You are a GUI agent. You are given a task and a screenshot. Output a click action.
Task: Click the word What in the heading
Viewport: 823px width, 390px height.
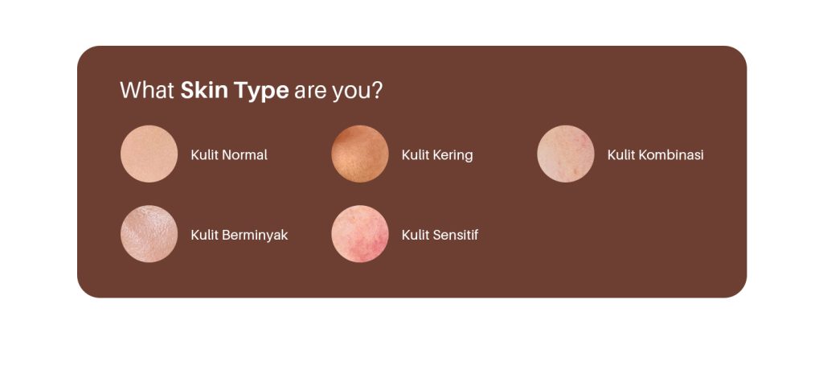(147, 90)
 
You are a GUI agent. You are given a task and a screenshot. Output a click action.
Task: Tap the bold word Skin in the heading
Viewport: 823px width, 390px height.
(204, 90)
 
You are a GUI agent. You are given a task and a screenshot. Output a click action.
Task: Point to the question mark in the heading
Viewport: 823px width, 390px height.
(377, 90)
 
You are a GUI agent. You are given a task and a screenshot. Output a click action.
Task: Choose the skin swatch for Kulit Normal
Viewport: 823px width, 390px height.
(149, 154)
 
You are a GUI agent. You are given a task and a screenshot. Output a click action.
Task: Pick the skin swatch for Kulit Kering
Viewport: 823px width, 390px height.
(360, 154)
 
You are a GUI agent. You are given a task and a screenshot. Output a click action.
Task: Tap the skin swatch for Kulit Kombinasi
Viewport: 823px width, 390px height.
(566, 154)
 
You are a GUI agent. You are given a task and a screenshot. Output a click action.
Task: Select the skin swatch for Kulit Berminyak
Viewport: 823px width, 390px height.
(149, 233)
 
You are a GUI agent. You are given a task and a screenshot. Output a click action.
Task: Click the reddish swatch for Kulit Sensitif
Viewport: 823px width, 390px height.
(360, 233)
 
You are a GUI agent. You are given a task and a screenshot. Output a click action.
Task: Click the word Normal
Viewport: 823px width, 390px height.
(244, 155)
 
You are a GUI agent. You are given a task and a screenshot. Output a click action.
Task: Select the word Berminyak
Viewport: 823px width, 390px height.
(255, 236)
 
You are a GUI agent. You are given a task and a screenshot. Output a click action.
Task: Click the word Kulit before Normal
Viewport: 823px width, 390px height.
(204, 155)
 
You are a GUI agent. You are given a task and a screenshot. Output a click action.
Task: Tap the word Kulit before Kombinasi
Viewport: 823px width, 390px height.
(621, 155)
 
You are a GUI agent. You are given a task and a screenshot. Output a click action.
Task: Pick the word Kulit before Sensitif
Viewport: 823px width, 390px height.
(416, 235)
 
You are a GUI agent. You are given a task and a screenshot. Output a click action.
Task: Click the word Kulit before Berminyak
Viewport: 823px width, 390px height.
(204, 235)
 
